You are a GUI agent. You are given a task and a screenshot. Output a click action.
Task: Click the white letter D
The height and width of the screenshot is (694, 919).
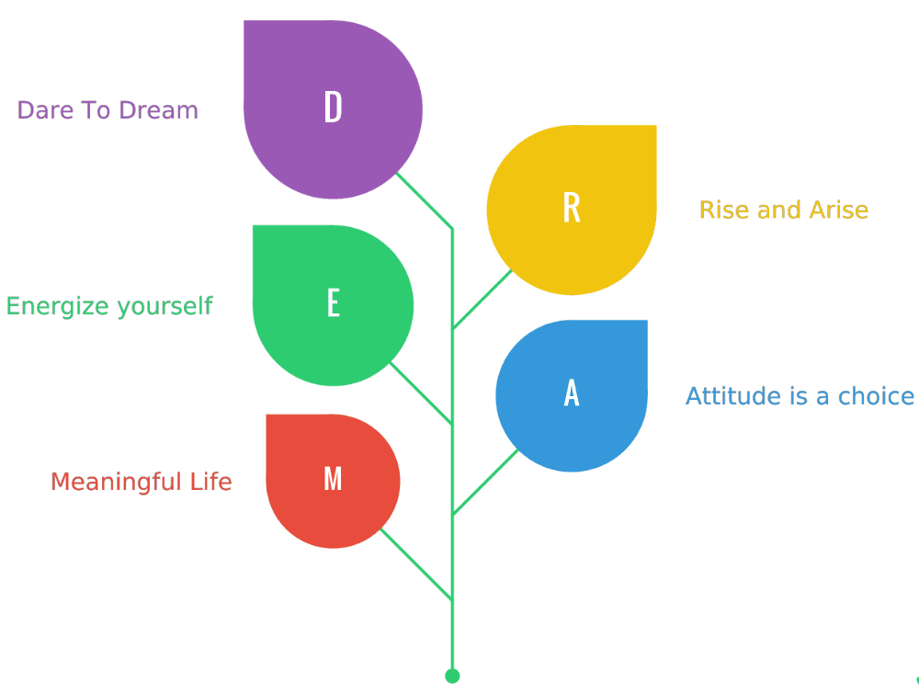[333, 107]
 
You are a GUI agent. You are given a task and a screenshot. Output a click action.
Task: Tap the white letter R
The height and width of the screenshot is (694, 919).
[572, 208]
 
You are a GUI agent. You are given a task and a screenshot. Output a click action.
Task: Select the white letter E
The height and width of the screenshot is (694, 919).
[334, 302]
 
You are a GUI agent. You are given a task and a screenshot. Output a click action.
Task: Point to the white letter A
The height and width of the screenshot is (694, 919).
[572, 393]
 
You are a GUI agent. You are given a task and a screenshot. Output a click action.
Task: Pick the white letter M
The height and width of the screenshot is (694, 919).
[333, 478]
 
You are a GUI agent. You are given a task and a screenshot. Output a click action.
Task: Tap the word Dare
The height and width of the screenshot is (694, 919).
[45, 110]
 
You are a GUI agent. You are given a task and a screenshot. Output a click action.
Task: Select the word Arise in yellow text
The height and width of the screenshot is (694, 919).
[839, 210]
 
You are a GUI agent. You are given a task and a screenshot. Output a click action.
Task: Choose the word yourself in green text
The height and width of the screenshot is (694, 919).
[165, 307]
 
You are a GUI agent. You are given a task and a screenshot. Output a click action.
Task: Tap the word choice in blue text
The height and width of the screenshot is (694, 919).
[876, 396]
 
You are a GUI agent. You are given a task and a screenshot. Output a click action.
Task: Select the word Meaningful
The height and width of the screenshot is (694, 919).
[116, 482]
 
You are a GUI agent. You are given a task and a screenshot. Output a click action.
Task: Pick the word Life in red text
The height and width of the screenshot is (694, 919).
[210, 482]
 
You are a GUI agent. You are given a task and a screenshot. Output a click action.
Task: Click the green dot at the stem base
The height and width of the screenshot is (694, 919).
[452, 676]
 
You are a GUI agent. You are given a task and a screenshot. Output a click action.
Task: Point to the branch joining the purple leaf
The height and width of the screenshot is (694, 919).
[425, 200]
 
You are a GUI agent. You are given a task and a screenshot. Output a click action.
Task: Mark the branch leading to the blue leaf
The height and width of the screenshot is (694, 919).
[485, 482]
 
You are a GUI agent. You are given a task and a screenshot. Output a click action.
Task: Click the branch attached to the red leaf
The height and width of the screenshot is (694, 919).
[416, 563]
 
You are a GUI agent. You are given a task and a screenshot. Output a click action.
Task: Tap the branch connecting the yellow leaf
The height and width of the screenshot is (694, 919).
[482, 299]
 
